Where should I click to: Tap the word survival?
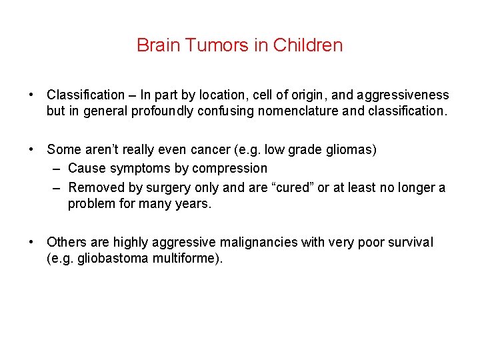(406, 242)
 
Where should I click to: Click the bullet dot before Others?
(33, 242)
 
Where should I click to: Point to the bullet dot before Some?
(33, 150)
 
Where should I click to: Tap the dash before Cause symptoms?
(57, 169)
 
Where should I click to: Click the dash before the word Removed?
(57, 188)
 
